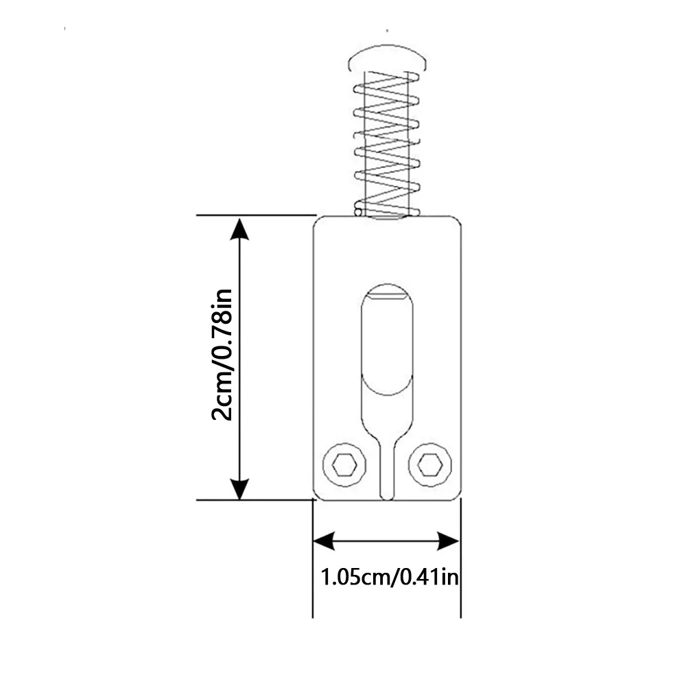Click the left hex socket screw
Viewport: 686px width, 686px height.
coord(344,464)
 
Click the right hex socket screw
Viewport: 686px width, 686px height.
coord(430,464)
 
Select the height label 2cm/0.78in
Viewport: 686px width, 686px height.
coord(222,355)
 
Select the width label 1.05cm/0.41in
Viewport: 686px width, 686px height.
coord(390,577)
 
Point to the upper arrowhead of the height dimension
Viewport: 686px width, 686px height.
coord(239,229)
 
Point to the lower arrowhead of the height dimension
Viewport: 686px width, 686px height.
coord(239,488)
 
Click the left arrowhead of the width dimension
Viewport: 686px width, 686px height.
coord(324,542)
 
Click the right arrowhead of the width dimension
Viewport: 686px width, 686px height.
coord(449,542)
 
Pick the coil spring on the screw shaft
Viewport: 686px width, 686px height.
coord(387,143)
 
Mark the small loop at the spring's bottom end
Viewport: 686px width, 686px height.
coord(358,212)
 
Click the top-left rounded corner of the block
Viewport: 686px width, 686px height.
coord(318,220)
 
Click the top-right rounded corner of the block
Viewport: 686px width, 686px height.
coord(457,220)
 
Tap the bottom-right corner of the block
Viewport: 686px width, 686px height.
coord(457,496)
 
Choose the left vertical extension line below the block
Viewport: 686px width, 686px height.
coord(313,558)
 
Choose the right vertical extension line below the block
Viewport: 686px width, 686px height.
coord(461,558)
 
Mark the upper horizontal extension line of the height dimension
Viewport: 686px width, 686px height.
coord(257,215)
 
